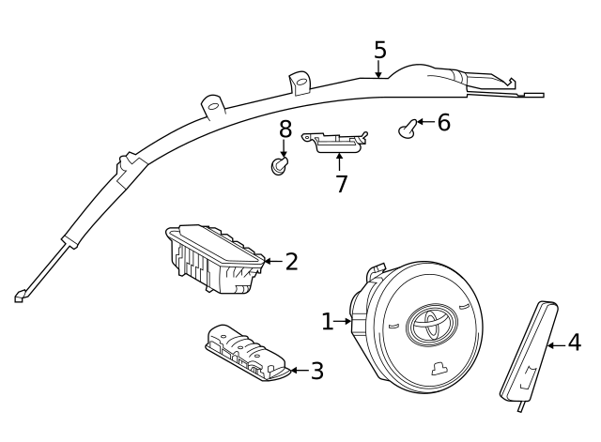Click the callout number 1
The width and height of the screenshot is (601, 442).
tap(327, 321)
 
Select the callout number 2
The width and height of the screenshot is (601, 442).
tap(292, 262)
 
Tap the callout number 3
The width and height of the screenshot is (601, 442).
tap(317, 371)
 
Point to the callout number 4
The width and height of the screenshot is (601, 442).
tap(574, 342)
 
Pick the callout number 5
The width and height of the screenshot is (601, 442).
tap(379, 50)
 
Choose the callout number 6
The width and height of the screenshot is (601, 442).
tap(444, 123)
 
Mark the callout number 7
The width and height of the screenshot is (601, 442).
tap(341, 184)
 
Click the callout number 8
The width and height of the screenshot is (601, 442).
tap(285, 130)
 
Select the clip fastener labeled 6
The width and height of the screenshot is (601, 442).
tap(408, 129)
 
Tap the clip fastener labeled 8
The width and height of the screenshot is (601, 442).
tap(279, 166)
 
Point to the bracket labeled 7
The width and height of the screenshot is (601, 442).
tap(334, 142)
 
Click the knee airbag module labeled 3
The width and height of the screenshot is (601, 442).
tap(247, 352)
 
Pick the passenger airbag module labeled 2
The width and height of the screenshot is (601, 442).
tap(215, 259)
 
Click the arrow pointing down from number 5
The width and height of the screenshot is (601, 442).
tap(378, 69)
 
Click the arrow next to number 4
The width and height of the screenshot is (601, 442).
tap(557, 345)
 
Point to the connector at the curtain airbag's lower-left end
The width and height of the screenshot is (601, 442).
tap(20, 296)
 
